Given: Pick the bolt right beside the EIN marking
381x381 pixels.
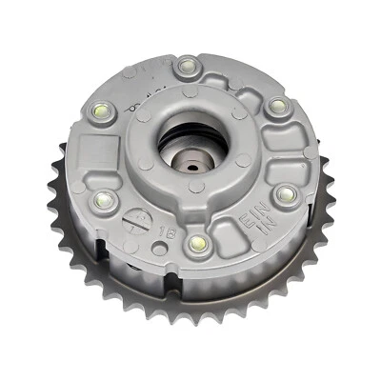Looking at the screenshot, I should coord(283,194).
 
